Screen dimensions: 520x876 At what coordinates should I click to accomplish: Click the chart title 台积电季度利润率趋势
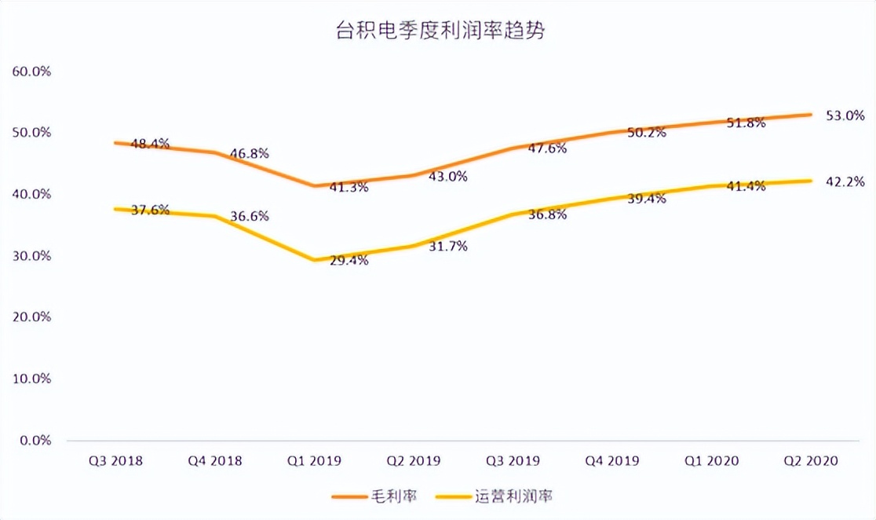[x=437, y=32]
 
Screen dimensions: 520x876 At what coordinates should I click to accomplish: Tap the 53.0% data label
[x=845, y=116]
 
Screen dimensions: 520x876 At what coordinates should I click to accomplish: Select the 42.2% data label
[x=845, y=182]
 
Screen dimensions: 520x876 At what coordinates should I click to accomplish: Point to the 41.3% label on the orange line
[x=348, y=187]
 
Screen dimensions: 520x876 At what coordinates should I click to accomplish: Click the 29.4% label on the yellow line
[x=348, y=261]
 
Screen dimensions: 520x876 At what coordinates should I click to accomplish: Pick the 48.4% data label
[x=149, y=144]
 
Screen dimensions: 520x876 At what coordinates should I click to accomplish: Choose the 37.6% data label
[x=149, y=211]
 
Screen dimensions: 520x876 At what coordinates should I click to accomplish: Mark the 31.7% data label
[x=447, y=247]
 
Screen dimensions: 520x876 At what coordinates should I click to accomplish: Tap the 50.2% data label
[x=646, y=132]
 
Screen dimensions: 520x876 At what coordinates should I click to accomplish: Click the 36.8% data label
[x=547, y=214]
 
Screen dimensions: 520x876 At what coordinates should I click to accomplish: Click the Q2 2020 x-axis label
[x=812, y=461]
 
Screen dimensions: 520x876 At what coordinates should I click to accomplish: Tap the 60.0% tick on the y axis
[x=32, y=71]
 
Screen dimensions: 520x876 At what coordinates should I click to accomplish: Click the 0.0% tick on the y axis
[x=35, y=440]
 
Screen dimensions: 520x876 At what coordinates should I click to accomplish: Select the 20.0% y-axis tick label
[x=32, y=317]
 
